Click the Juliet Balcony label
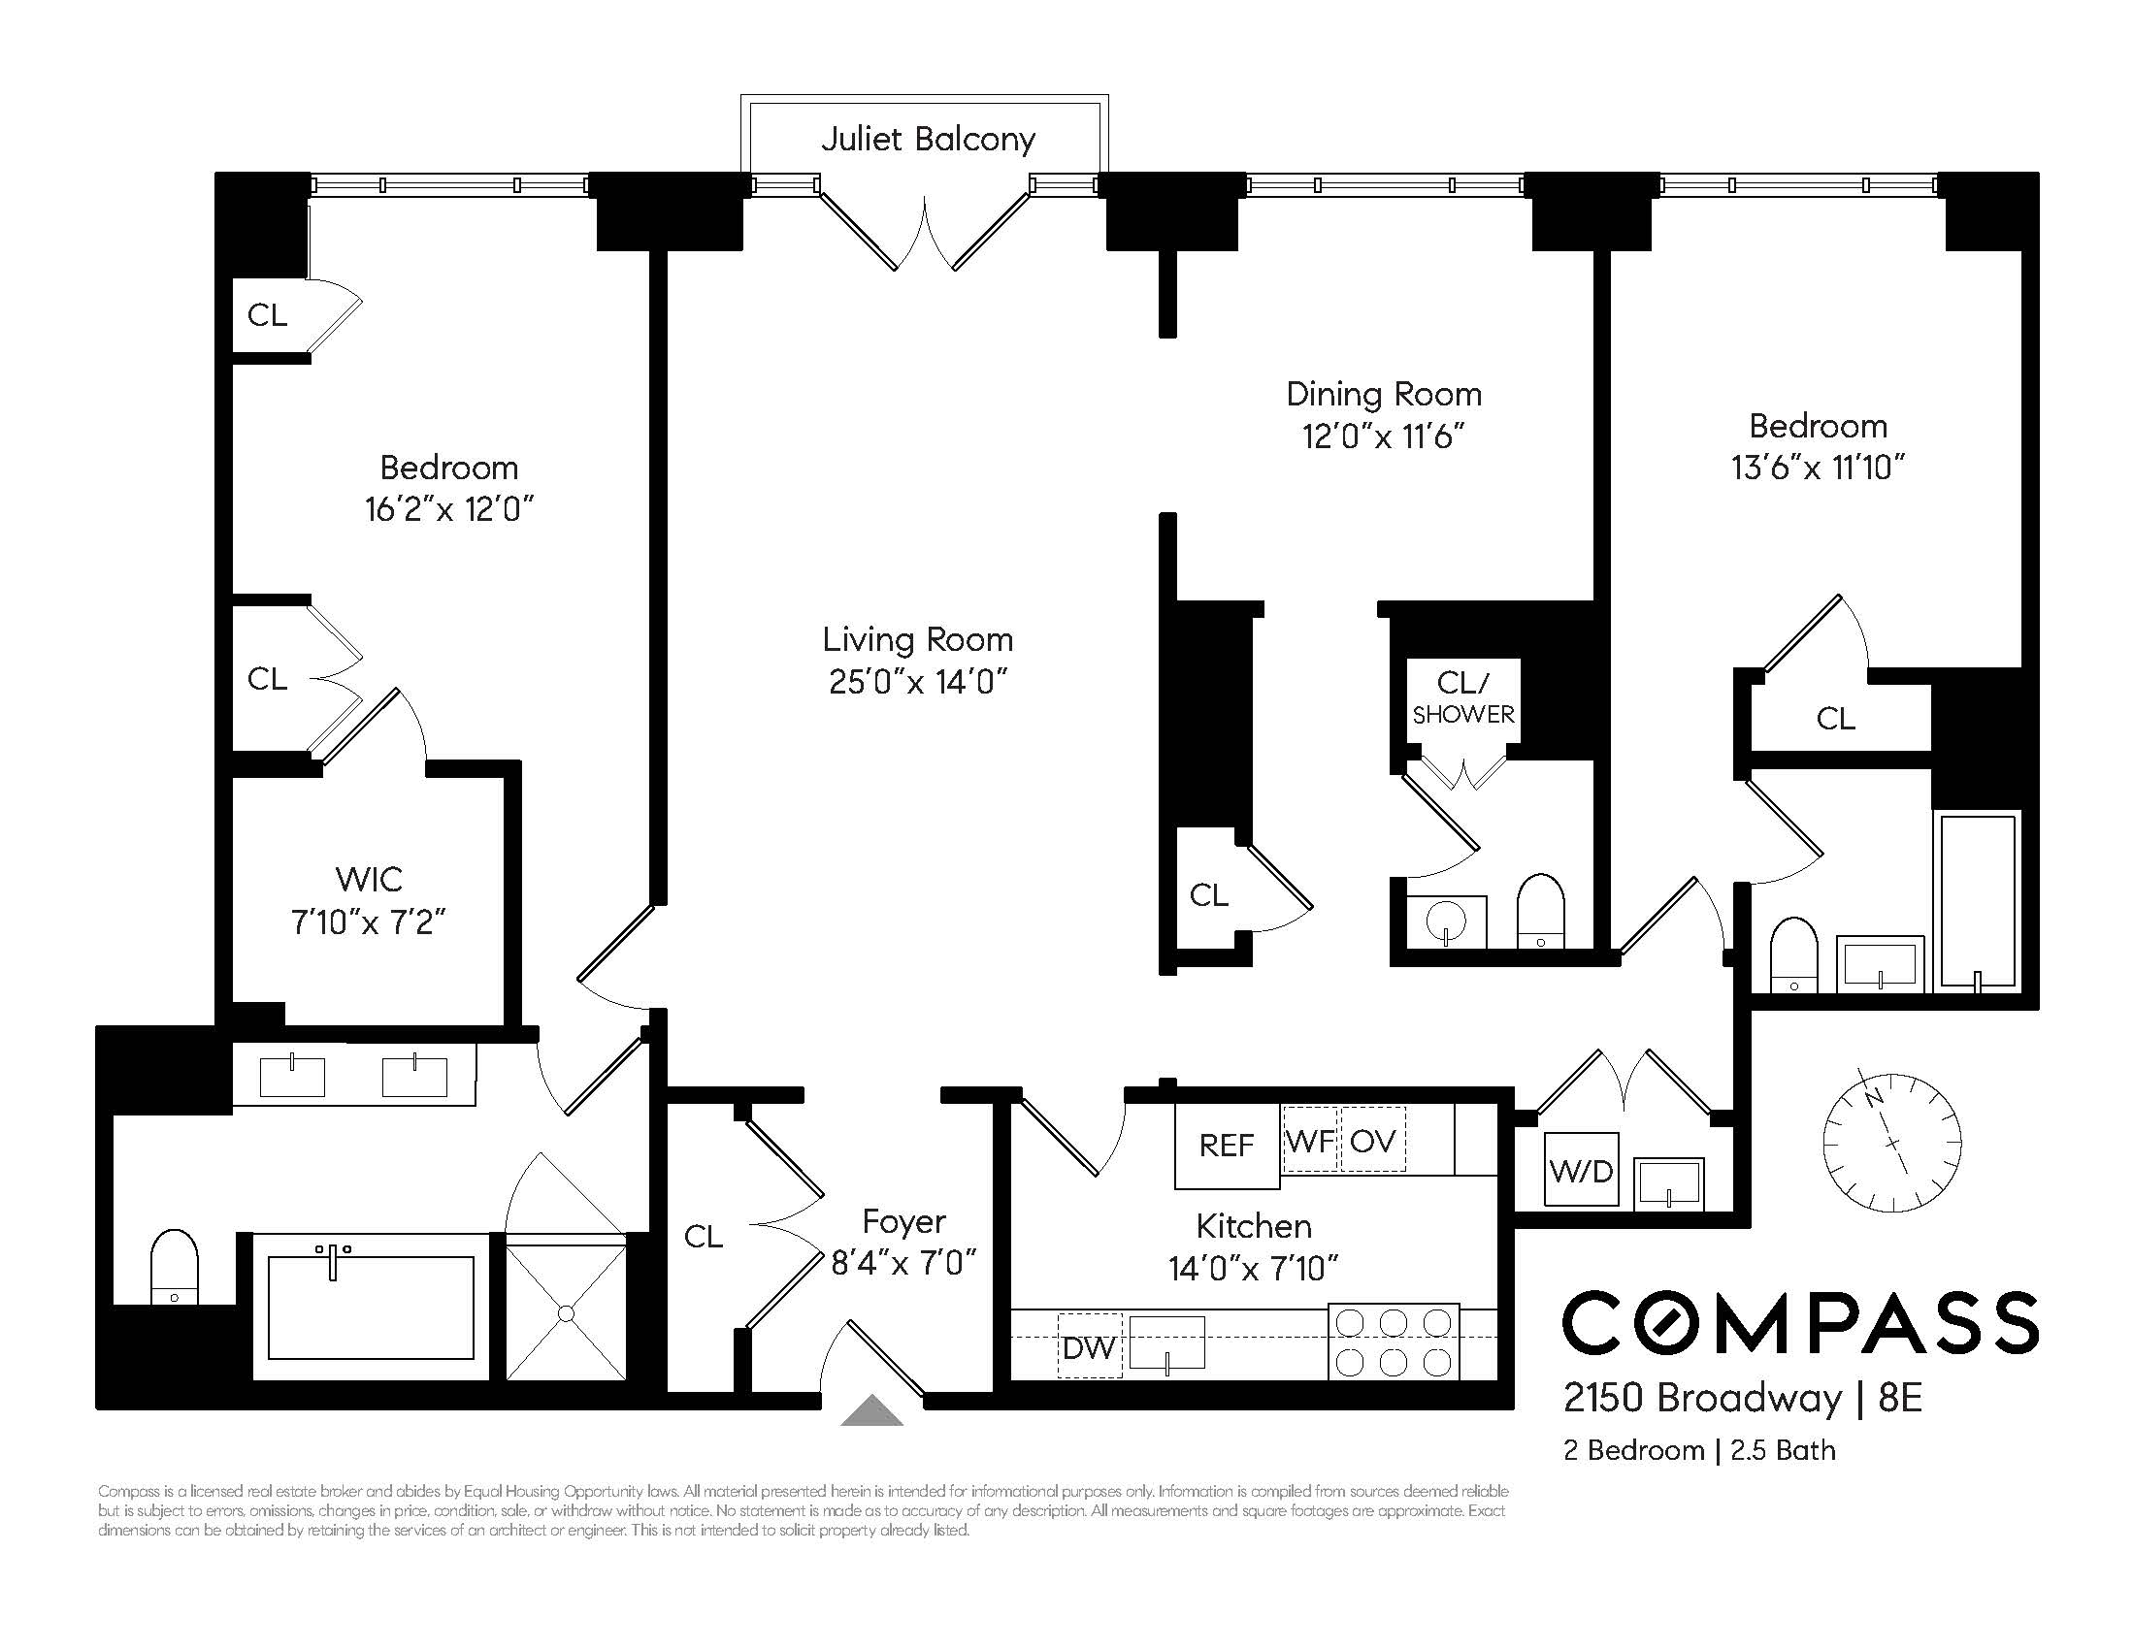pyautogui.click(x=927, y=140)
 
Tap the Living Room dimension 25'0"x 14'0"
pyautogui.click(x=917, y=682)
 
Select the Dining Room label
pyautogui.click(x=1383, y=395)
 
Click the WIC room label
pyautogui.click(x=368, y=880)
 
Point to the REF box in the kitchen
pyautogui.click(x=1226, y=1146)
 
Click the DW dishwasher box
pyautogui.click(x=1089, y=1347)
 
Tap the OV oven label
pyautogui.click(x=1372, y=1141)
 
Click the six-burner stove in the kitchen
pyautogui.click(x=1394, y=1342)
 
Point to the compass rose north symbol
pyautogui.click(x=1891, y=1142)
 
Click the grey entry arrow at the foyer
pyautogui.click(x=872, y=1411)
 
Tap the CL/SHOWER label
pyautogui.click(x=1463, y=697)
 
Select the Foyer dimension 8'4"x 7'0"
pyautogui.click(x=903, y=1263)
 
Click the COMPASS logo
pyautogui.click(x=1800, y=1323)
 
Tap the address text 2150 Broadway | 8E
pyautogui.click(x=1742, y=1398)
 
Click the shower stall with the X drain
pyautogui.click(x=567, y=1312)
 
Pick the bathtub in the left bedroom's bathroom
pyautogui.click(x=370, y=1308)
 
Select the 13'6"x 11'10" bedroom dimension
pyautogui.click(x=1818, y=468)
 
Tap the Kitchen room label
pyautogui.click(x=1253, y=1226)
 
